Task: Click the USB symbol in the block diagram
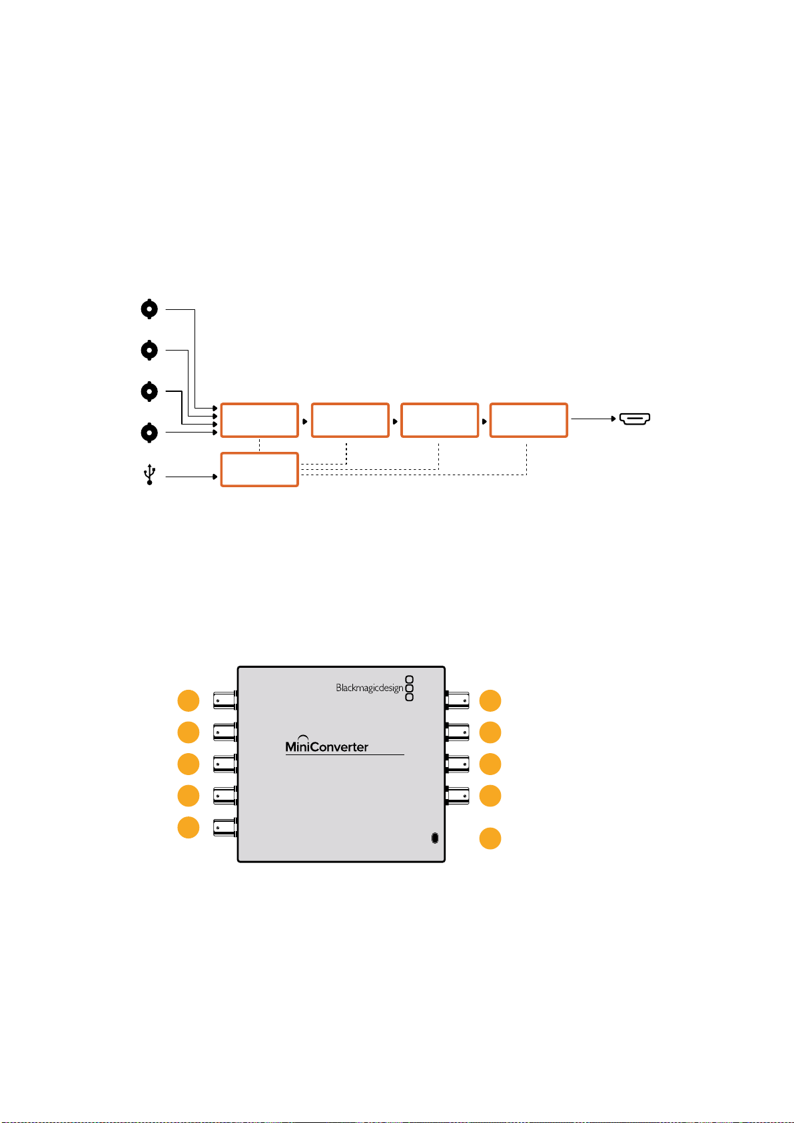coord(149,475)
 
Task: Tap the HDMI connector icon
coord(634,419)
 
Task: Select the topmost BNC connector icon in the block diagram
coord(149,309)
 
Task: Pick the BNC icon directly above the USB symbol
coord(149,433)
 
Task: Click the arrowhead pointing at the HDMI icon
coord(613,419)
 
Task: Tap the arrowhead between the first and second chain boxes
coord(304,422)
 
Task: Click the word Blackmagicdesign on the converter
coord(369,688)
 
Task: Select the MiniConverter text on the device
coord(326,746)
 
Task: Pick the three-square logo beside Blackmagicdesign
coord(409,688)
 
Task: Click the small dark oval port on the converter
coord(435,838)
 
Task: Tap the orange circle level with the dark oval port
coord(490,838)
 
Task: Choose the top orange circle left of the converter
coord(189,700)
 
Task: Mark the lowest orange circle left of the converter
coord(189,827)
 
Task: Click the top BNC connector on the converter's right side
coord(457,700)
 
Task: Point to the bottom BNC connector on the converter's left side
coord(225,827)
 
